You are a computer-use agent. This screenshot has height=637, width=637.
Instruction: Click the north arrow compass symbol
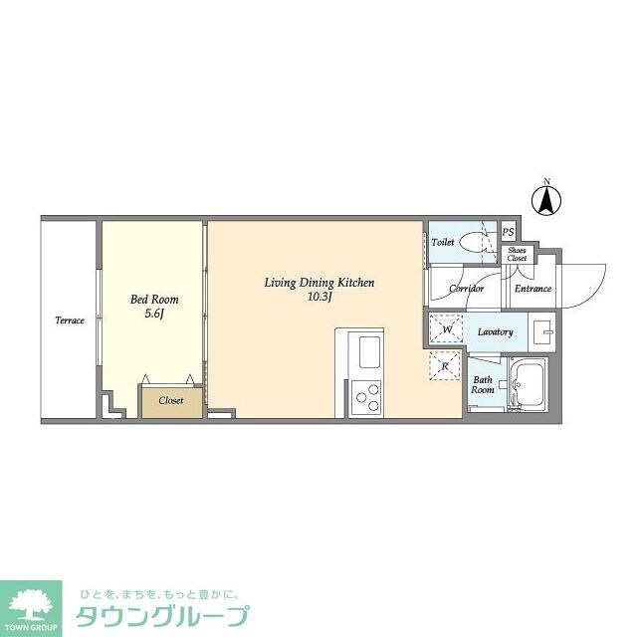click(545, 200)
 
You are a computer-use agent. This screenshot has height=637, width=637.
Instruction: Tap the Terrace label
click(69, 320)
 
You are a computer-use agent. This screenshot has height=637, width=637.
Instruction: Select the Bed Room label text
click(153, 299)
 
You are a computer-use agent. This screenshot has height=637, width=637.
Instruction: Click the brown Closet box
click(170, 400)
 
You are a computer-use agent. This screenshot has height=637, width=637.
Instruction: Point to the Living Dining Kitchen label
click(318, 283)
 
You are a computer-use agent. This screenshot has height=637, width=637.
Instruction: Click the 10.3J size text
click(319, 296)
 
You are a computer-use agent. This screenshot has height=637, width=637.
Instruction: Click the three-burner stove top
click(366, 397)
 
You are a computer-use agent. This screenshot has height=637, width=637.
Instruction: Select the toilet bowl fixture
click(477, 242)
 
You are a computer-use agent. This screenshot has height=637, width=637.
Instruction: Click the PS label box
click(508, 233)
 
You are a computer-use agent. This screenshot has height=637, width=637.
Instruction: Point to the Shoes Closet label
click(517, 254)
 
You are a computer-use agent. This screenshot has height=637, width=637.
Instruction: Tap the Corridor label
click(466, 289)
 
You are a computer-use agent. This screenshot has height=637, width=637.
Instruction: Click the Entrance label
click(532, 289)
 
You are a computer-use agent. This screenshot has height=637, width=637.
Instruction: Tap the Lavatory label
click(495, 331)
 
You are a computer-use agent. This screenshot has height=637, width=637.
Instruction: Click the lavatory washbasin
click(541, 329)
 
